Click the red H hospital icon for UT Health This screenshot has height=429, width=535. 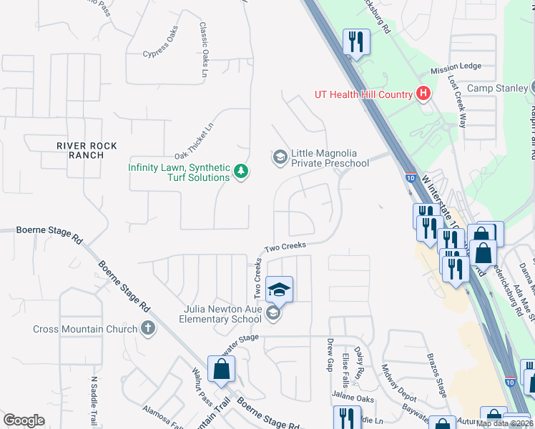coord(423,94)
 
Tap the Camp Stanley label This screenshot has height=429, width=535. coord(496,88)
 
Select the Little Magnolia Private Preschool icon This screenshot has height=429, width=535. coord(280,156)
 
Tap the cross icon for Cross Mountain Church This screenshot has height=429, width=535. coord(148,329)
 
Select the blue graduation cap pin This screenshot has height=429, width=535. coord(279,290)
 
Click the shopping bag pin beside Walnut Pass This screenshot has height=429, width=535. coord(222,369)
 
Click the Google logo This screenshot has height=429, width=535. coord(24,420)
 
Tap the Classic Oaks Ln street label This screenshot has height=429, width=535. coord(203,49)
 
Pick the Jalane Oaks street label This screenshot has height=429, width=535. coord(353,398)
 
